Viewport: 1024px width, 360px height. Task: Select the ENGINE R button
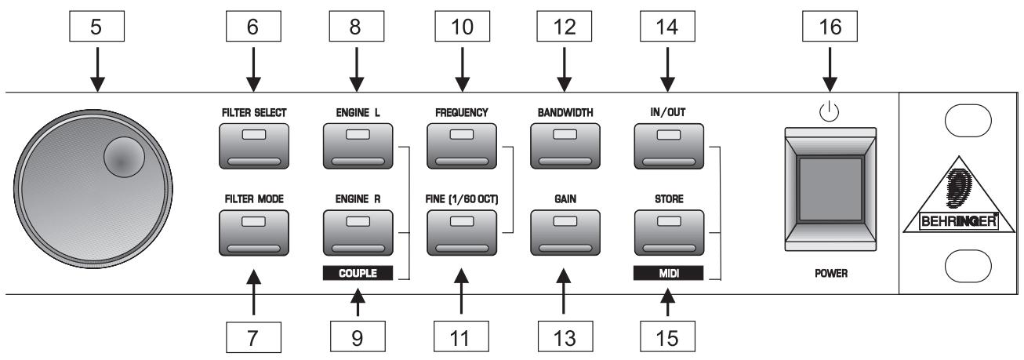[x=356, y=233]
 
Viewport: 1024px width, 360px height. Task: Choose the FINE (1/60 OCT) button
[x=462, y=233]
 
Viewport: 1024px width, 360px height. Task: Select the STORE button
[x=669, y=233]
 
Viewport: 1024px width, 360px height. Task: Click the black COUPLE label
[x=356, y=274]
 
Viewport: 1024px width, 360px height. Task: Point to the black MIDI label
[x=669, y=274]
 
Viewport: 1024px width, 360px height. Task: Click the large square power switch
[x=831, y=188]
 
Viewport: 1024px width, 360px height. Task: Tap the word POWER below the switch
[x=831, y=275]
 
